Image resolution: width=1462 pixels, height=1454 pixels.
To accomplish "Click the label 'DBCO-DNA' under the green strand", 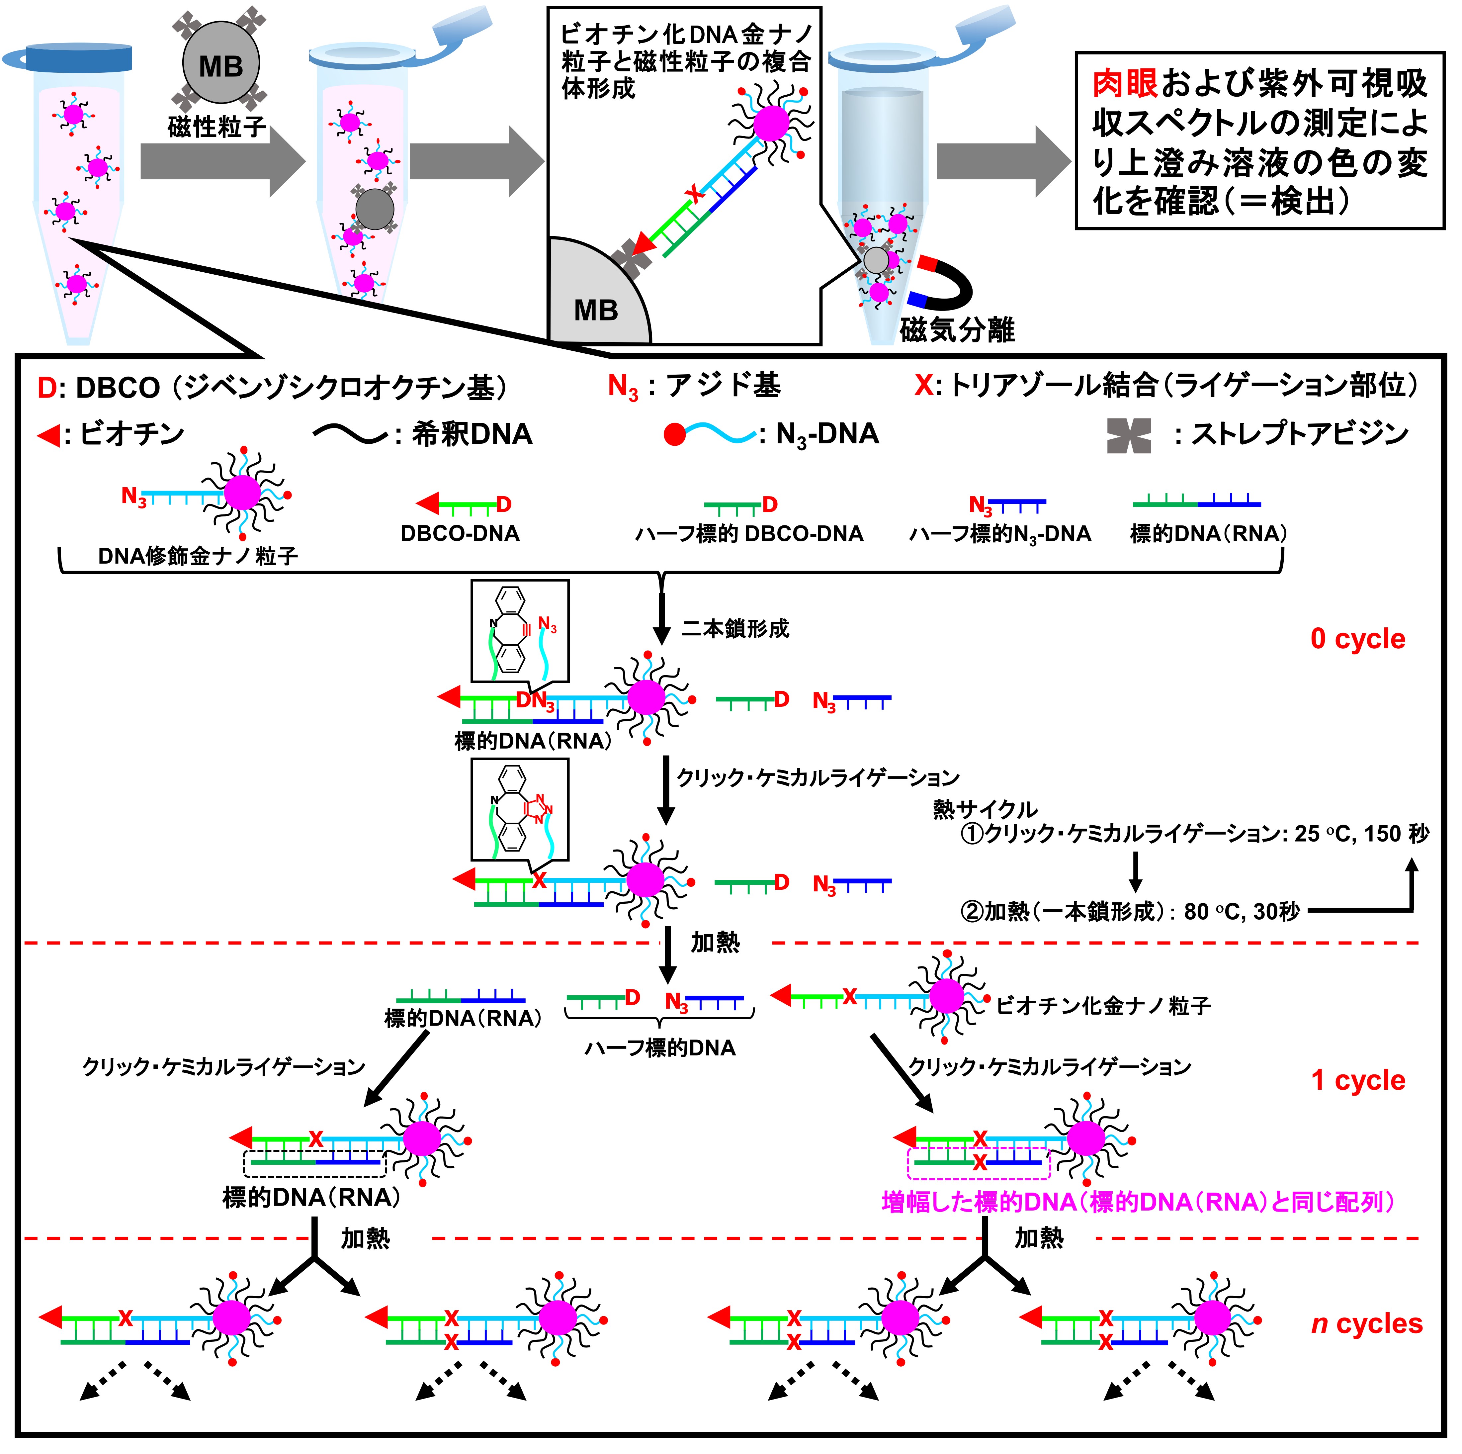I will point(460,534).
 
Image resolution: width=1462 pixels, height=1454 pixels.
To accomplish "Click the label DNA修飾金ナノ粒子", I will point(198,556).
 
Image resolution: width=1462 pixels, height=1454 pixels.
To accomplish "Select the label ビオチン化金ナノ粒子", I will point(1103,1006).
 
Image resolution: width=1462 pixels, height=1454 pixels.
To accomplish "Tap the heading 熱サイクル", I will point(985,810).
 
